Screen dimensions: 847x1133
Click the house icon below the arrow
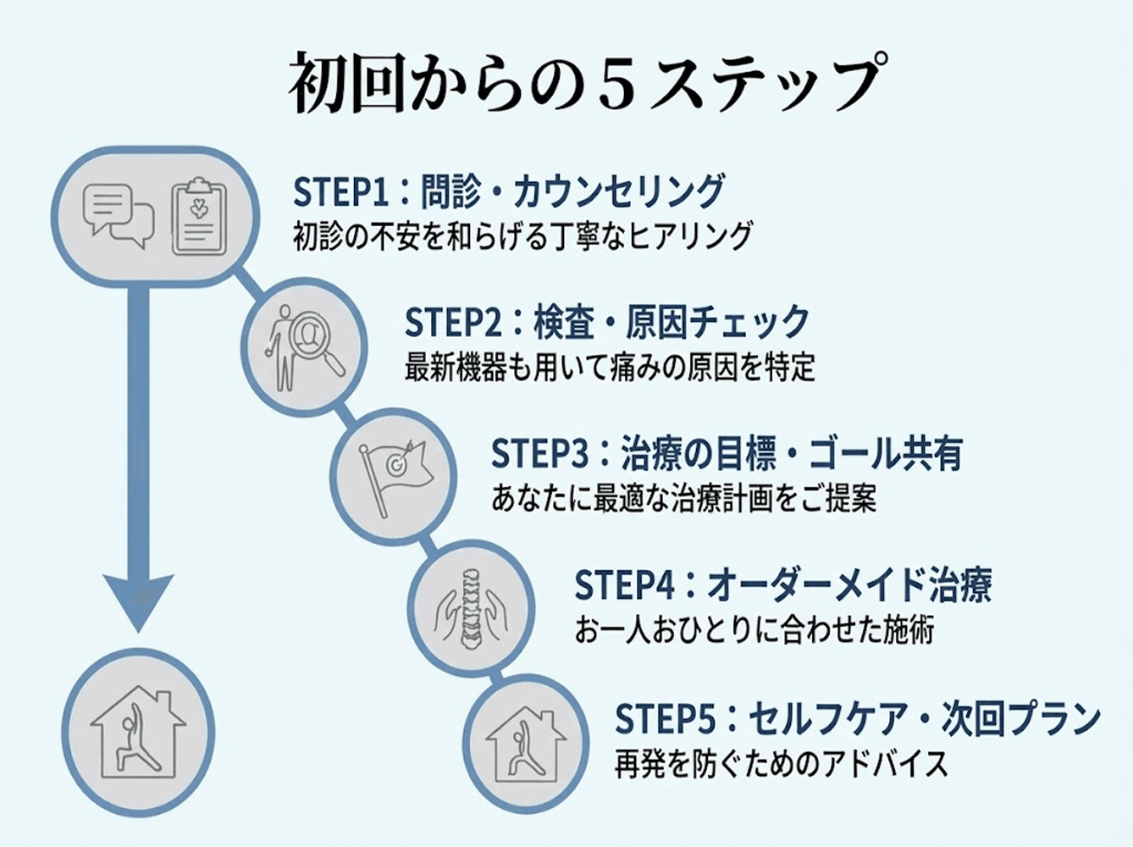[137, 734]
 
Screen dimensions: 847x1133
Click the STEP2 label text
[453, 323]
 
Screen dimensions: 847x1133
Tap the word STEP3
[539, 454]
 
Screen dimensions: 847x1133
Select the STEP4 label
[622, 584]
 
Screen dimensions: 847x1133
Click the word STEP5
[665, 718]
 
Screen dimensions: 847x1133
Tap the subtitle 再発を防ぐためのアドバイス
[781, 764]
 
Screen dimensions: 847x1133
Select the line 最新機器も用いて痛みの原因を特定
[610, 368]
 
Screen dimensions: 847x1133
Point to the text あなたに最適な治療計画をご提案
[683, 498]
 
